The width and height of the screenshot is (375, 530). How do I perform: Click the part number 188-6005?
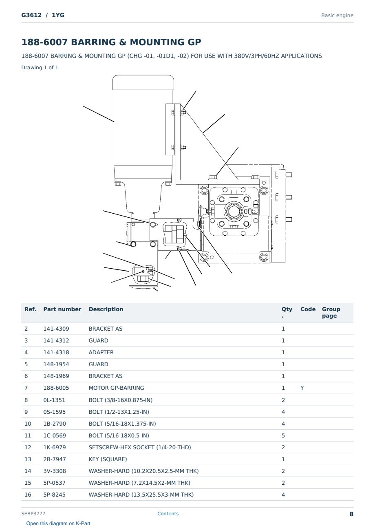56,388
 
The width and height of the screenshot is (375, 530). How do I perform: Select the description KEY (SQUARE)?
108,459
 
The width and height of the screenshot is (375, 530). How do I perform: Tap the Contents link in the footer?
168,513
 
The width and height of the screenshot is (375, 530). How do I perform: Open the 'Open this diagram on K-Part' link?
58,523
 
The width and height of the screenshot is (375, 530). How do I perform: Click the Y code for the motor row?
302,388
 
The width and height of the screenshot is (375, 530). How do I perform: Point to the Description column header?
106,309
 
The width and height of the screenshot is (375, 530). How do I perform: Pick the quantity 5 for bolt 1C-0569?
283,435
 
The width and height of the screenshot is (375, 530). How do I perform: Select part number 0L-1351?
55,400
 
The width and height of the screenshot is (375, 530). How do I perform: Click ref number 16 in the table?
28,495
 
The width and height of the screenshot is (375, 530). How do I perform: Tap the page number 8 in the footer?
351,514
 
